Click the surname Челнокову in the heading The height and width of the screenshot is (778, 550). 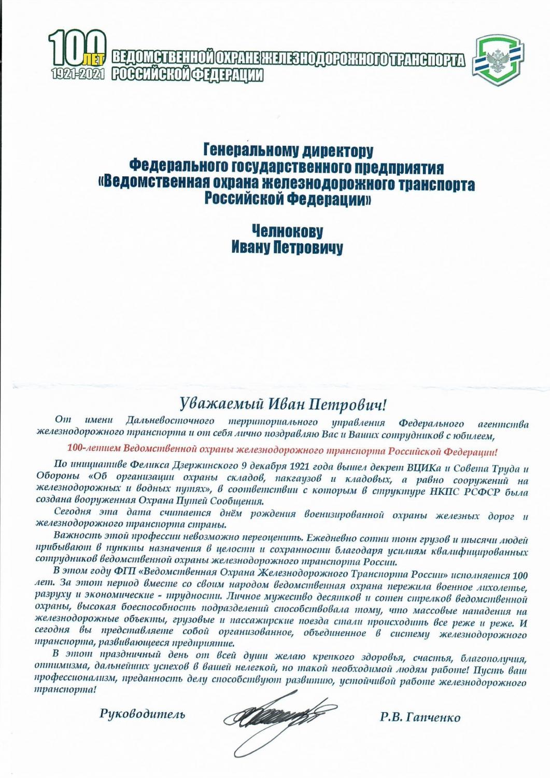point(287,231)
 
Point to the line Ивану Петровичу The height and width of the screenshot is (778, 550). point(287,248)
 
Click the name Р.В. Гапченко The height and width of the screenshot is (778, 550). point(419,718)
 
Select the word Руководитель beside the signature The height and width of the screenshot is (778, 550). point(142,713)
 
